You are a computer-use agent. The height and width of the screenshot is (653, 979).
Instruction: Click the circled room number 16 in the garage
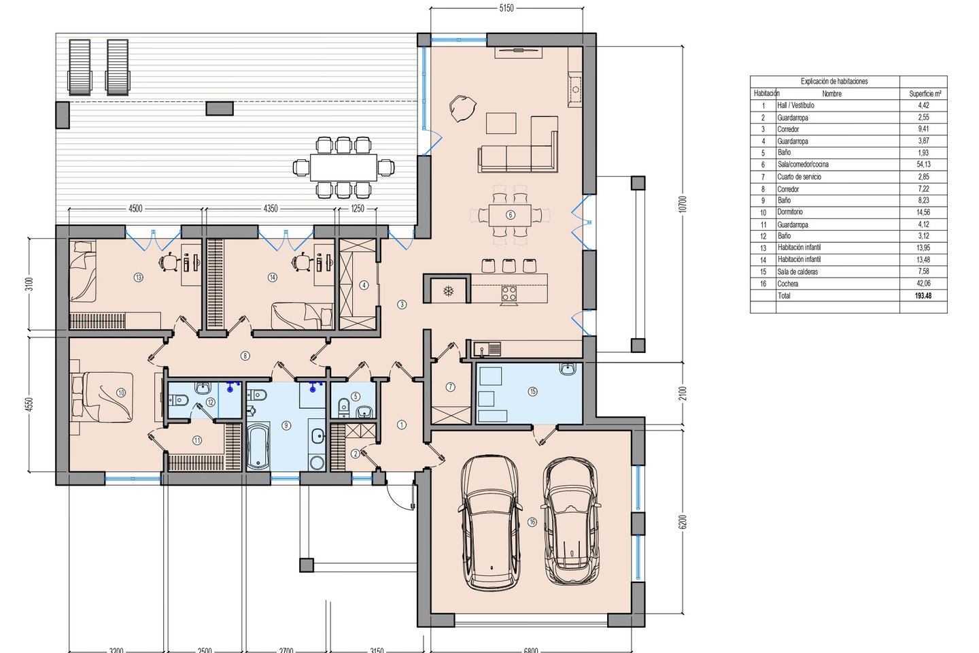(x=532, y=522)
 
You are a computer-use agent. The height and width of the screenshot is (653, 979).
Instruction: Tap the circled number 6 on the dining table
(x=510, y=215)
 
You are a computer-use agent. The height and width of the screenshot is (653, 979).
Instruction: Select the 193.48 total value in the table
(x=923, y=296)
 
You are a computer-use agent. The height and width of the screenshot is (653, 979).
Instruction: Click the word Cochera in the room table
(x=787, y=284)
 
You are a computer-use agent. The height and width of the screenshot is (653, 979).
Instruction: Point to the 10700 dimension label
(x=684, y=204)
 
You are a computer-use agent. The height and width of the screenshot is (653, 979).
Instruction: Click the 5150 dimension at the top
(x=506, y=8)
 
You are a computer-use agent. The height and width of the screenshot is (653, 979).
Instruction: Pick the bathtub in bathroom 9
(x=258, y=448)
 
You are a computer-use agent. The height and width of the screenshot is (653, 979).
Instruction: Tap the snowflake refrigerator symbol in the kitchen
(x=449, y=291)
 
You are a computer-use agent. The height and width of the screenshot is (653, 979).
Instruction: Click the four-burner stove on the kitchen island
(x=509, y=292)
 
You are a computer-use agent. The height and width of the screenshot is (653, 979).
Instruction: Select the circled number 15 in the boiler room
(x=532, y=391)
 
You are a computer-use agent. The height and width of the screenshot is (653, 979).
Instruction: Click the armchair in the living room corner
(x=462, y=108)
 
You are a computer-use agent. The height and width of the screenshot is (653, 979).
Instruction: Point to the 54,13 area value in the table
(x=923, y=165)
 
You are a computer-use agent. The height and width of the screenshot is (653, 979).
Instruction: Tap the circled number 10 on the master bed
(x=121, y=392)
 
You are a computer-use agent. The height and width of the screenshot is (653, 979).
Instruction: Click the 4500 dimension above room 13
(x=135, y=209)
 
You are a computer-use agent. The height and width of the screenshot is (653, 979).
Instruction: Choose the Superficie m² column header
(x=925, y=94)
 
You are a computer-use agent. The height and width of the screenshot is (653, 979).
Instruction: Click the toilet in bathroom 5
(x=343, y=407)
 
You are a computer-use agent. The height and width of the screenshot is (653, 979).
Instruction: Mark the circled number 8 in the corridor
(x=245, y=356)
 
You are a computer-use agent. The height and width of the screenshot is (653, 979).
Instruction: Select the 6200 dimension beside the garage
(x=684, y=522)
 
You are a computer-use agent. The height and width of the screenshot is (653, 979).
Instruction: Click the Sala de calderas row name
(x=797, y=271)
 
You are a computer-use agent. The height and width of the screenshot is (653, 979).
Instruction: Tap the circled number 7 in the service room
(x=450, y=386)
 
